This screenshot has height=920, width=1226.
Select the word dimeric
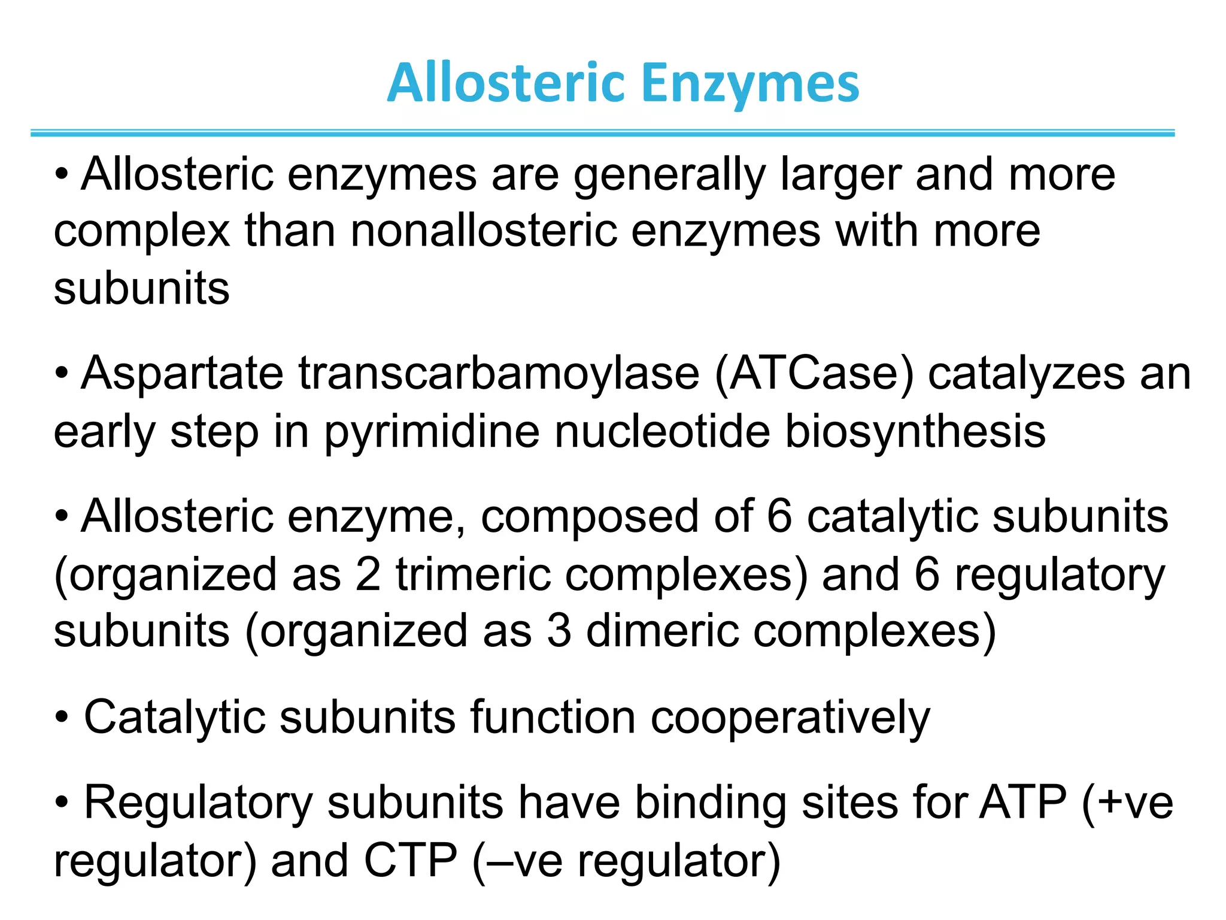point(661,631)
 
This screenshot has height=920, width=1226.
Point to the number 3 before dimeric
point(559,631)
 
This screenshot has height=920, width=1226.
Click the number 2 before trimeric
point(368,574)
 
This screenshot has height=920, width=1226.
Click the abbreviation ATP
point(1022,803)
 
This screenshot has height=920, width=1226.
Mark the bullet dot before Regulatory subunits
point(62,803)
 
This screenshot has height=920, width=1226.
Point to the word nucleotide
point(662,431)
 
